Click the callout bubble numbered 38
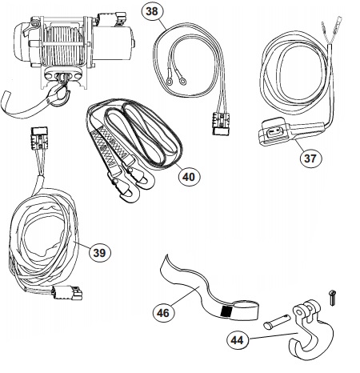point(152,11)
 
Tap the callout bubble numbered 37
point(310,158)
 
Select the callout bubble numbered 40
point(189,176)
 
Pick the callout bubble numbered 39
point(99,252)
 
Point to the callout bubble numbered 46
point(163,312)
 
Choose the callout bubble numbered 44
point(237,340)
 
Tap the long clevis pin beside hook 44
point(276,321)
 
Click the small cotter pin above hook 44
point(331,297)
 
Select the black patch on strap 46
point(226,311)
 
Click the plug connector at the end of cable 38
point(221,123)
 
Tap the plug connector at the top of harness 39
point(39,138)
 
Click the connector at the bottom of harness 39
point(67,292)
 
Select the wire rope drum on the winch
point(64,46)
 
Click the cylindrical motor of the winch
point(114,44)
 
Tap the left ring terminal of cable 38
point(169,81)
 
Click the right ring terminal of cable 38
point(182,81)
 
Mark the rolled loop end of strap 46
point(246,310)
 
